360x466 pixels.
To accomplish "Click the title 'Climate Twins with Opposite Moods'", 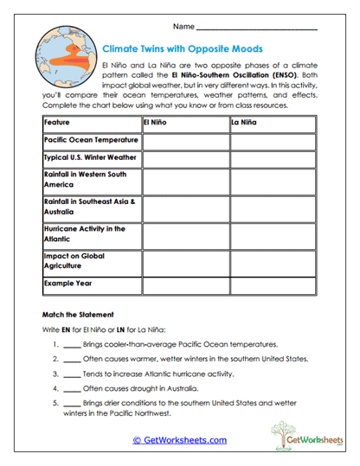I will (x=182, y=49).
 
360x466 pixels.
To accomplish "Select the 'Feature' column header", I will (x=57, y=123).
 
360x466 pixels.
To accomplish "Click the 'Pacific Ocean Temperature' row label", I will (x=90, y=140).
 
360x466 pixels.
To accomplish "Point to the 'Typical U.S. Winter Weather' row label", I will (x=90, y=159).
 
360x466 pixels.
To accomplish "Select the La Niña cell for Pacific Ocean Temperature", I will (x=273, y=140).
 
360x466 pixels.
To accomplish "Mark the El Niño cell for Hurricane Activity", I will (x=184, y=234).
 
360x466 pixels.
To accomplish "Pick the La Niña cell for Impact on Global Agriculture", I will (x=273, y=261).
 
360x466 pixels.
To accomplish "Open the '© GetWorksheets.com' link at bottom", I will (x=180, y=440).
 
